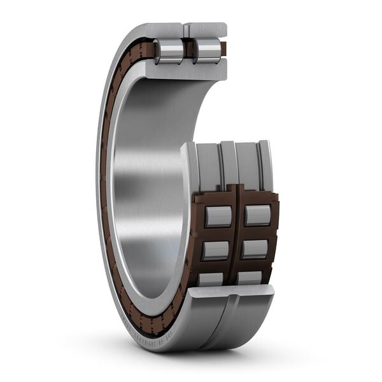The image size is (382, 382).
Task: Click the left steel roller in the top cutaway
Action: (x=168, y=51)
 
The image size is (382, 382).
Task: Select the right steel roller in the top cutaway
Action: (x=208, y=51)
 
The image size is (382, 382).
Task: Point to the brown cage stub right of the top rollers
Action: (x=222, y=48)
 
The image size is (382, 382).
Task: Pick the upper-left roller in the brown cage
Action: (x=218, y=216)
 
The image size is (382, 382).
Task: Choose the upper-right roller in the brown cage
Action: (x=258, y=215)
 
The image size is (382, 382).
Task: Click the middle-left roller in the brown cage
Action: (x=215, y=250)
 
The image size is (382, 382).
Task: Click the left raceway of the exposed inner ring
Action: (x=208, y=166)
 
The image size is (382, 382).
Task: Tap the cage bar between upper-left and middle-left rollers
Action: (x=216, y=233)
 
